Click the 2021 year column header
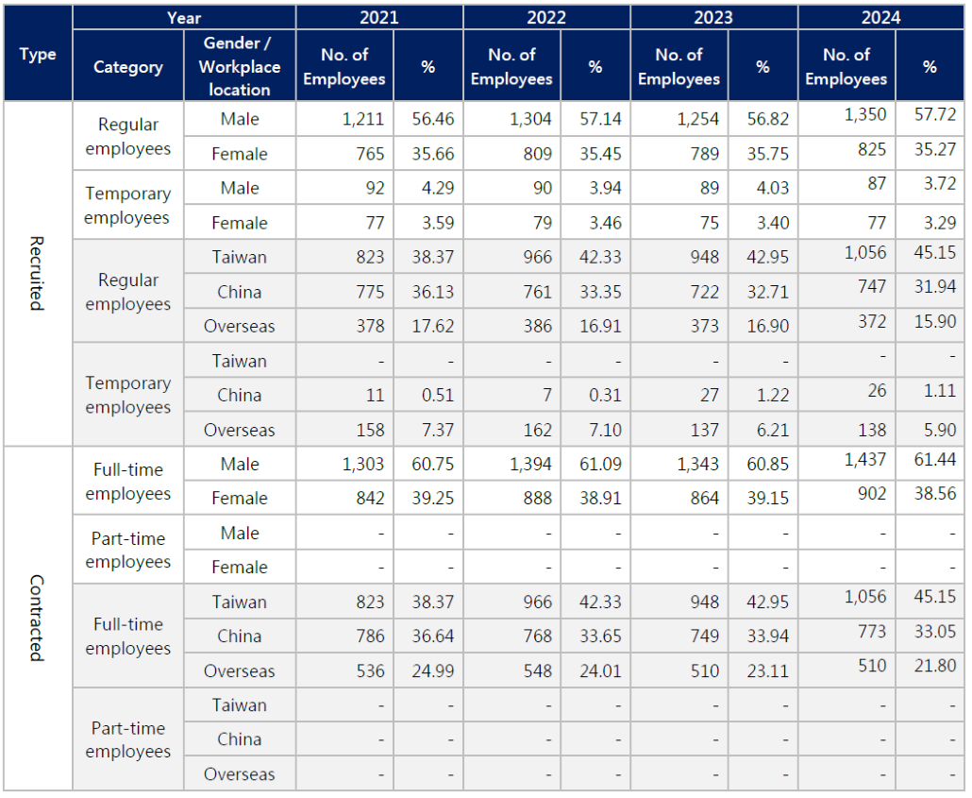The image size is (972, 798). pos(378,17)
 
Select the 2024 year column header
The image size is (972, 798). pos(880,17)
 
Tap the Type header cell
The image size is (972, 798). pos(38,54)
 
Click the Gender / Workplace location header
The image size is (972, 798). pos(240,67)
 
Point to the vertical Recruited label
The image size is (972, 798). pos(37,273)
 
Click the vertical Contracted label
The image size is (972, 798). pos(37,618)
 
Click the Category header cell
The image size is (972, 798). pos(128,67)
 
